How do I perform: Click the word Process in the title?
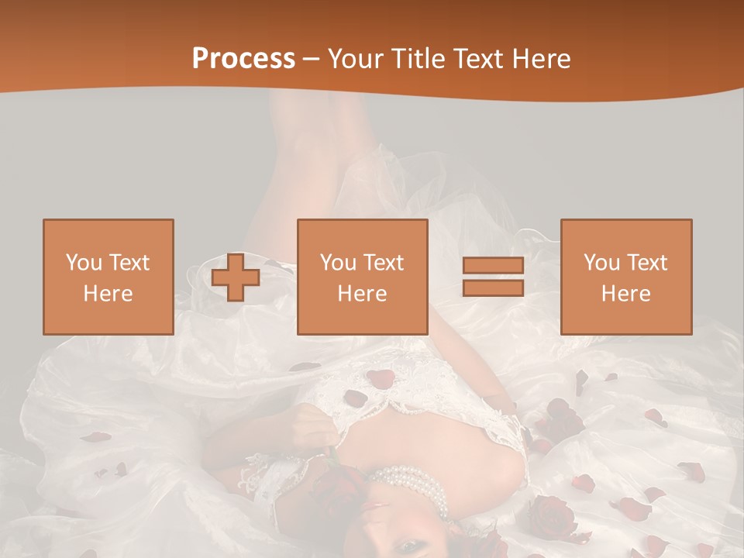pyautogui.click(x=243, y=59)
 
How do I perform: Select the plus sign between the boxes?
pyautogui.click(x=236, y=277)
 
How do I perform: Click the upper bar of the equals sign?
pyautogui.click(x=493, y=266)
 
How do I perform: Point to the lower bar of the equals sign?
pyautogui.click(x=493, y=288)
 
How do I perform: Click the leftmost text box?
pyautogui.click(x=108, y=277)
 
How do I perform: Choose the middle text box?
pyautogui.click(x=362, y=277)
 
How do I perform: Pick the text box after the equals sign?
pyautogui.click(x=625, y=277)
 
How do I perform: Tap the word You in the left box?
pyautogui.click(x=83, y=263)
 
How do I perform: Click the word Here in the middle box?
pyautogui.click(x=362, y=294)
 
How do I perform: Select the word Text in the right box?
pyautogui.click(x=647, y=263)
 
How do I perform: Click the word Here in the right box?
pyautogui.click(x=625, y=294)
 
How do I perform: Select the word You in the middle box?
pyautogui.click(x=337, y=263)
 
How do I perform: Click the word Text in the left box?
pyautogui.click(x=129, y=263)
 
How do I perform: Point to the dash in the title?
pyautogui.click(x=311, y=59)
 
